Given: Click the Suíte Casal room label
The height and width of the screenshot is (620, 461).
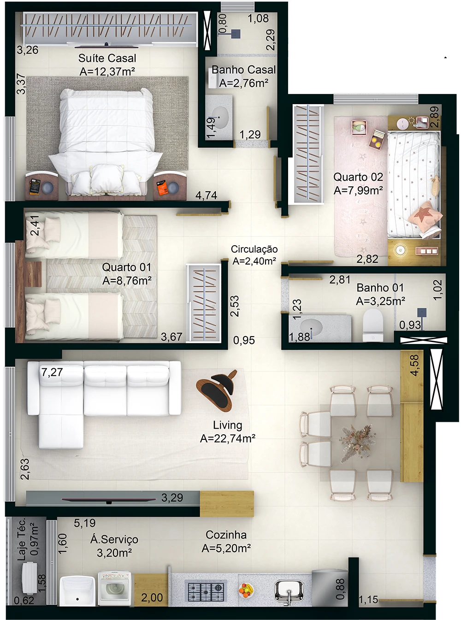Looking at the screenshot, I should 107,59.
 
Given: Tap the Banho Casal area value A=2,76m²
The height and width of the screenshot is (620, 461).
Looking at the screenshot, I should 243,83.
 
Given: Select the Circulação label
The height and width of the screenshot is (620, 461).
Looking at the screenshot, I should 254,249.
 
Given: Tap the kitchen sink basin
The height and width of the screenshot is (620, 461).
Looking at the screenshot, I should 289,590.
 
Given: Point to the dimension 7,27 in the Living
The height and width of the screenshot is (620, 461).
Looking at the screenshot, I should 52,372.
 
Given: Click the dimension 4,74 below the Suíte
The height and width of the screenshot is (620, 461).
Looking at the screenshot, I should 206,195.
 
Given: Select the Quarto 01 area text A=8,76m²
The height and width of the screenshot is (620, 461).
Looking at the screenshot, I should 127,281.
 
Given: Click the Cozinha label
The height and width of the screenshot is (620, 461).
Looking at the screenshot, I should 226,535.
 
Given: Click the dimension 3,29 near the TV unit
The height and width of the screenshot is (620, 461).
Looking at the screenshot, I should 172,498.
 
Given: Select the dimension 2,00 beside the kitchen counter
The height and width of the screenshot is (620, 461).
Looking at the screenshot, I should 152,598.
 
